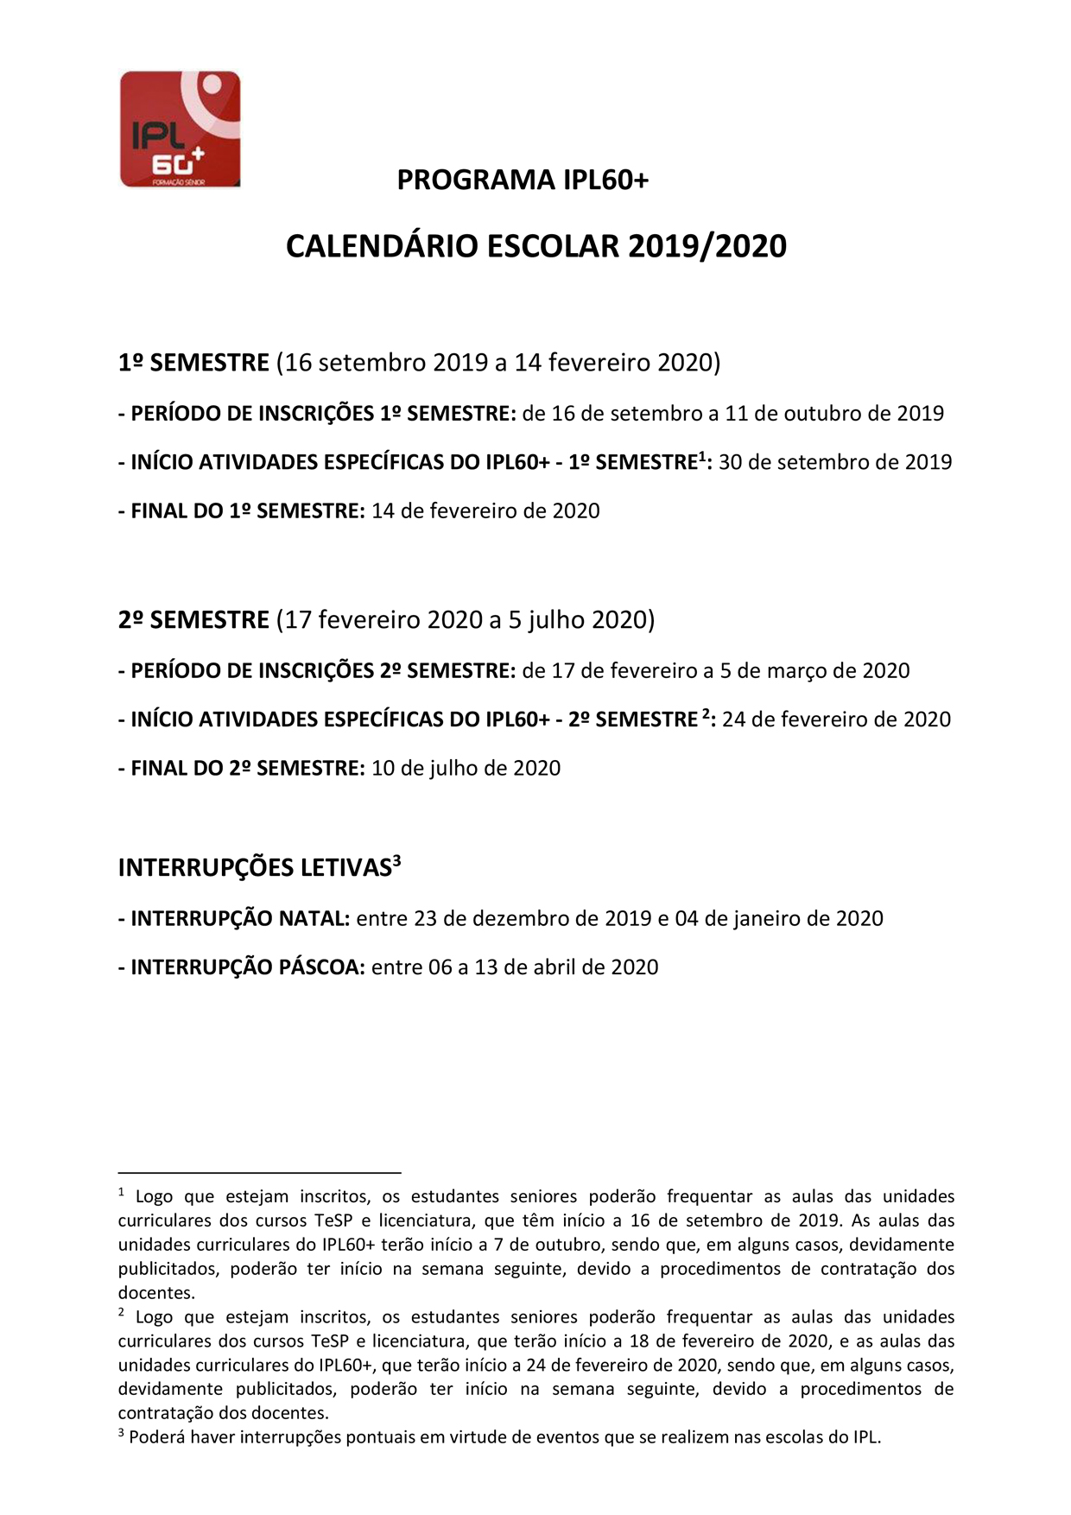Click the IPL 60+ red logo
[x=180, y=129]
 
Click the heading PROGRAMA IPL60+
[x=523, y=180]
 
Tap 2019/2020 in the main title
[x=707, y=246]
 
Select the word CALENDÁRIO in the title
[x=381, y=246]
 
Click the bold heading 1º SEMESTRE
[x=193, y=362]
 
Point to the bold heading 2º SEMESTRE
[x=193, y=619]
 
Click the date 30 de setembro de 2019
[x=834, y=462]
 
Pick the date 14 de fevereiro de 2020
[x=485, y=510]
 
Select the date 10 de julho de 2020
[x=466, y=768]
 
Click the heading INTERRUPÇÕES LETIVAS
[x=255, y=868]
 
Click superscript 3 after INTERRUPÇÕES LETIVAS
[x=397, y=860]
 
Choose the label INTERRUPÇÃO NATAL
[x=234, y=918]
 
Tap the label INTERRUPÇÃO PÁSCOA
[x=242, y=967]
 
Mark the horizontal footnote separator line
[x=259, y=1173]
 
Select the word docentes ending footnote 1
[x=156, y=1293]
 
